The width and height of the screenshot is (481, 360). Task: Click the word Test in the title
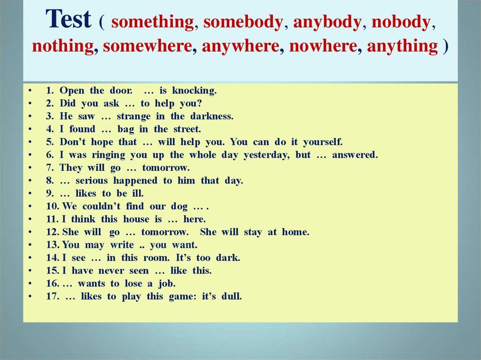[x=69, y=19]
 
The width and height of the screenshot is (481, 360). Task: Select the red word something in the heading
[x=153, y=23]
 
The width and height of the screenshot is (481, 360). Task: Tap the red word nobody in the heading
[x=401, y=22]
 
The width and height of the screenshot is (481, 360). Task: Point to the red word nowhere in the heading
[x=323, y=46]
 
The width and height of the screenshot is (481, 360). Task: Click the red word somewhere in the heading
[x=147, y=46]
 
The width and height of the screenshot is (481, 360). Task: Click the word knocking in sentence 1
[x=194, y=91]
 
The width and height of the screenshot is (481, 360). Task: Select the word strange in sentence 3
[x=133, y=116]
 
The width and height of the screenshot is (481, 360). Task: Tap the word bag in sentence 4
[x=126, y=130]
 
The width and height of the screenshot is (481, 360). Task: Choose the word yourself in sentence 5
[x=323, y=142]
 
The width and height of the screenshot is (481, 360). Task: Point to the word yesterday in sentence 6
[x=266, y=155]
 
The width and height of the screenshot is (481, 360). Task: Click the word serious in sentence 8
[x=92, y=181]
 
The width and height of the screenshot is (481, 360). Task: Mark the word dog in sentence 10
[x=179, y=207]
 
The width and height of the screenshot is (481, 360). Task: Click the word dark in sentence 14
[x=228, y=258]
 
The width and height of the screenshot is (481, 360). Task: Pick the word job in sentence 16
[x=167, y=283]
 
